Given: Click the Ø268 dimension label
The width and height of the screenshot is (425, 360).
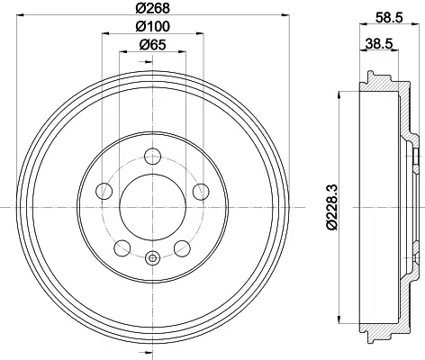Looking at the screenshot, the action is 152,8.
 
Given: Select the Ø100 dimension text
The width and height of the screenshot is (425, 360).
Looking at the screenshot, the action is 152,26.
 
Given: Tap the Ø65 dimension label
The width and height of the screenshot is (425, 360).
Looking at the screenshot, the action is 152,45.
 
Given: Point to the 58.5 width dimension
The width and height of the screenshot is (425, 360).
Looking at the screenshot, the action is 389,18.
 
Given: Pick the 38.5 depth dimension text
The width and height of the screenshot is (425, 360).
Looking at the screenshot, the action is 379,44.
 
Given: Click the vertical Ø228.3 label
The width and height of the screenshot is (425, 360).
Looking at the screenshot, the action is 332,207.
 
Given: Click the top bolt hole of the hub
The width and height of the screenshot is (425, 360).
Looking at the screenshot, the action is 153,157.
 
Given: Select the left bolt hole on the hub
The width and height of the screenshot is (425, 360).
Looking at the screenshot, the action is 104,191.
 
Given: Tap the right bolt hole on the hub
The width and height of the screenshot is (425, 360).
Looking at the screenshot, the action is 201,192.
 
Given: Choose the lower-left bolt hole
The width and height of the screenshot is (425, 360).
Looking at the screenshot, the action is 122,248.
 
